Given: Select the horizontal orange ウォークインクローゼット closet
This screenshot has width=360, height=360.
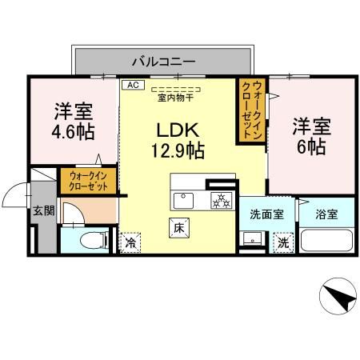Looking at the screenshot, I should tap(88, 180).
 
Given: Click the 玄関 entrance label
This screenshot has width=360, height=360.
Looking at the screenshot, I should tap(43, 211).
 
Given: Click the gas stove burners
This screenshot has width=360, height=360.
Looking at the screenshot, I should tap(218, 199).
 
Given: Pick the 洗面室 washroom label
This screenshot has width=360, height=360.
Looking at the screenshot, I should tap(266, 214).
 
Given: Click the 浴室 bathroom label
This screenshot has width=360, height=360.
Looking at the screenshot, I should tap(326, 214).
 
